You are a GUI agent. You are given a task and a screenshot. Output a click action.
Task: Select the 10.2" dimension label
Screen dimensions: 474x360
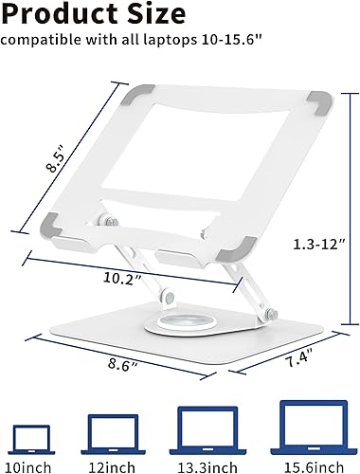(x=123, y=279)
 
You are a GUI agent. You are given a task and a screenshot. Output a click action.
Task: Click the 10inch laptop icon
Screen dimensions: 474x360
(x=33, y=437)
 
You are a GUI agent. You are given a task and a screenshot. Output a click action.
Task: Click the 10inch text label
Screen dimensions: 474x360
(x=34, y=465)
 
